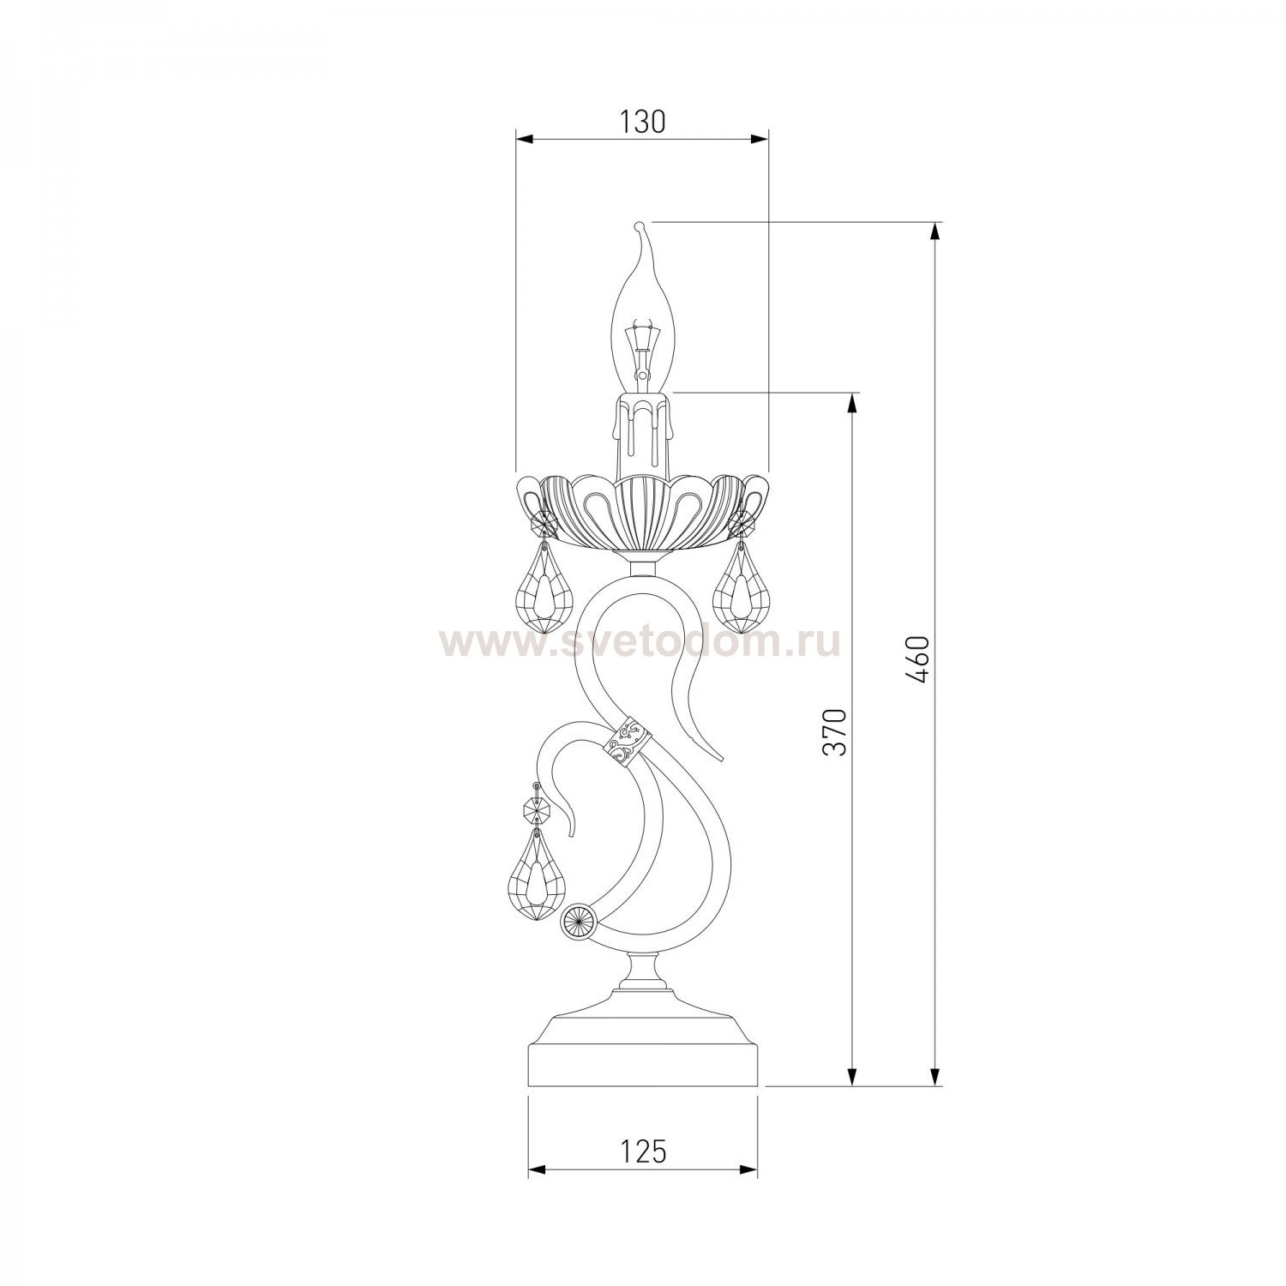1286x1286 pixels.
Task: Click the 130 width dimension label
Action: [642, 123]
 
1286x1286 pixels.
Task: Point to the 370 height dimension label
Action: [834, 732]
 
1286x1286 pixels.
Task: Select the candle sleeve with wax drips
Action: [643, 432]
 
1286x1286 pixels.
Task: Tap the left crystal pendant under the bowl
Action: [543, 579]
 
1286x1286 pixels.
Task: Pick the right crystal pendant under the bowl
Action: [741, 579]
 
